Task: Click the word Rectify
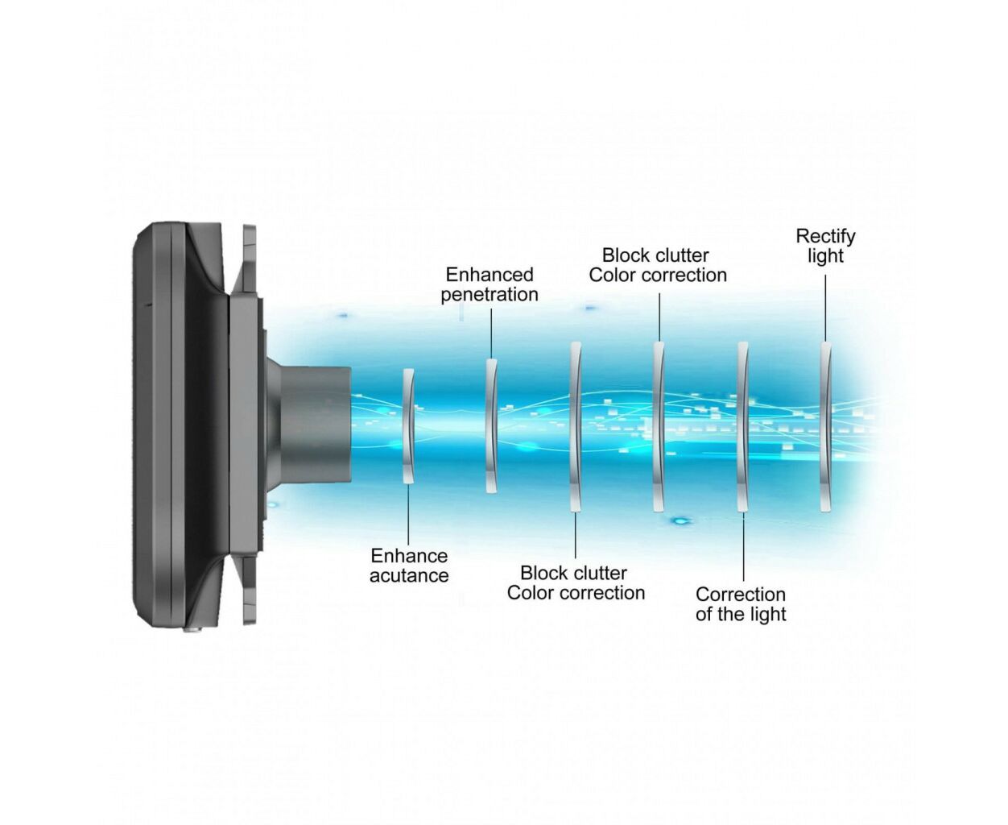click(825, 237)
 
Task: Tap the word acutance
click(409, 575)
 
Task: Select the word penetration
click(489, 295)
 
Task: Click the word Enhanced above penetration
click(489, 275)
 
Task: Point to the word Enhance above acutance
click(409, 556)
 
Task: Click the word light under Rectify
click(825, 256)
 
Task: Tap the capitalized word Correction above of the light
click(741, 595)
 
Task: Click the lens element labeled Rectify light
click(825, 427)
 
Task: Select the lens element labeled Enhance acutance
click(407, 425)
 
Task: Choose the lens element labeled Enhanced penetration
click(491, 425)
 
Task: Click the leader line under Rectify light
click(825, 308)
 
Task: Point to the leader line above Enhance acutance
click(408, 514)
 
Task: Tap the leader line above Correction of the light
click(743, 547)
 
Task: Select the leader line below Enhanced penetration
click(491, 334)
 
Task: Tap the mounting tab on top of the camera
click(249, 259)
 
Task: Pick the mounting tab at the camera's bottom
click(249, 590)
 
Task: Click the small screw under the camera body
click(192, 629)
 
